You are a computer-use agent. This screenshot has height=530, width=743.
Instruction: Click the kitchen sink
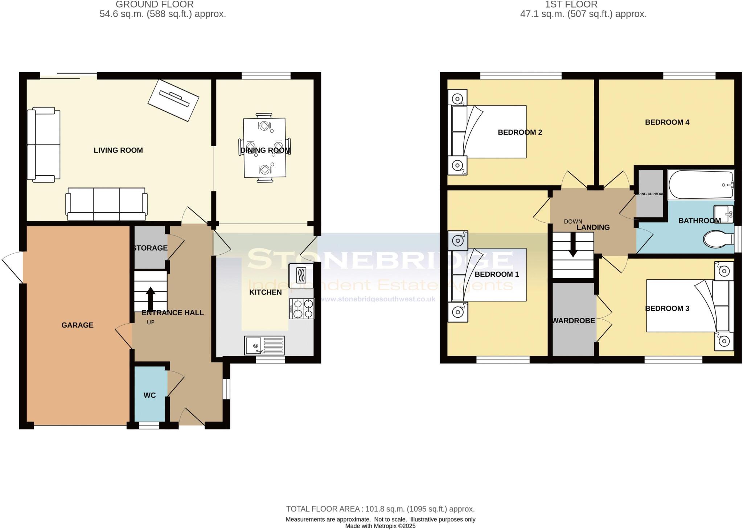pyautogui.click(x=264, y=345)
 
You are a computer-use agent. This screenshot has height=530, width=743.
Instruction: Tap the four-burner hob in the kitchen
pyautogui.click(x=301, y=309)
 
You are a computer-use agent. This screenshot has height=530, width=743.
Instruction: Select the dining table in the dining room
pyautogui.click(x=264, y=148)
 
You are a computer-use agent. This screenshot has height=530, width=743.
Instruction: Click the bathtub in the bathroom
pyautogui.click(x=701, y=185)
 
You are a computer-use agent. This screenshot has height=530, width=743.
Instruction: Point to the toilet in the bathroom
pyautogui.click(x=718, y=239)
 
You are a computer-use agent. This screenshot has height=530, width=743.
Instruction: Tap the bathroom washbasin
pyautogui.click(x=723, y=214)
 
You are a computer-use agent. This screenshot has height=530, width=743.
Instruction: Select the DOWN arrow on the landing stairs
pyautogui.click(x=573, y=245)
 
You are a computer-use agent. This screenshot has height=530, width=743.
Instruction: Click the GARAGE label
pyautogui.click(x=77, y=325)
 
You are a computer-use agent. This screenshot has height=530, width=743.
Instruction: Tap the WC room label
pyautogui.click(x=149, y=395)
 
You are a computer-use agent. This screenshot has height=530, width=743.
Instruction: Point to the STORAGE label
pyautogui.click(x=150, y=248)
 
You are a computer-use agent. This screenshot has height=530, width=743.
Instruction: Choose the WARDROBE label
pyautogui.click(x=573, y=321)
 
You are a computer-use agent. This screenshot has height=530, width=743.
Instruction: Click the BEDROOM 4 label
pyautogui.click(x=667, y=122)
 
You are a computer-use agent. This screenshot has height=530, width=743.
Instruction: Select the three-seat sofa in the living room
pyautogui.click(x=106, y=204)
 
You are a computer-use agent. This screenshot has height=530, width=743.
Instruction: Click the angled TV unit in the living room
pyautogui.click(x=173, y=100)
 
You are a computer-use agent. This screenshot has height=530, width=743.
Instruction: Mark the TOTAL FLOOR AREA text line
pyautogui.click(x=380, y=509)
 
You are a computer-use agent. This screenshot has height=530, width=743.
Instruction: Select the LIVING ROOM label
pyautogui.click(x=118, y=150)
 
